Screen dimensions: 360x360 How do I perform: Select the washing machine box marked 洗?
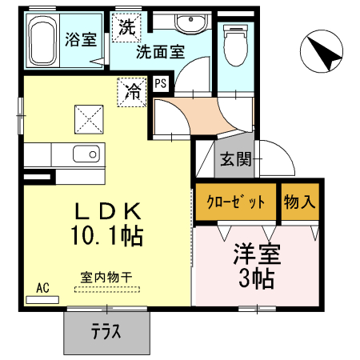[x=126, y=26]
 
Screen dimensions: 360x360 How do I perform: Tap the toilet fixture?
[x=237, y=44]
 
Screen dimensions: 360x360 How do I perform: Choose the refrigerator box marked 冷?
[x=132, y=91]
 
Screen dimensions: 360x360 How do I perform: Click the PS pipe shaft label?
[x=160, y=82]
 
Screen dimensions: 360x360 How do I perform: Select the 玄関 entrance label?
[x=236, y=158]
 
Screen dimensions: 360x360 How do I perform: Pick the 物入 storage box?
[x=299, y=202]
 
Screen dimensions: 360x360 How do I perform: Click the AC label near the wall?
[x=42, y=289]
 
